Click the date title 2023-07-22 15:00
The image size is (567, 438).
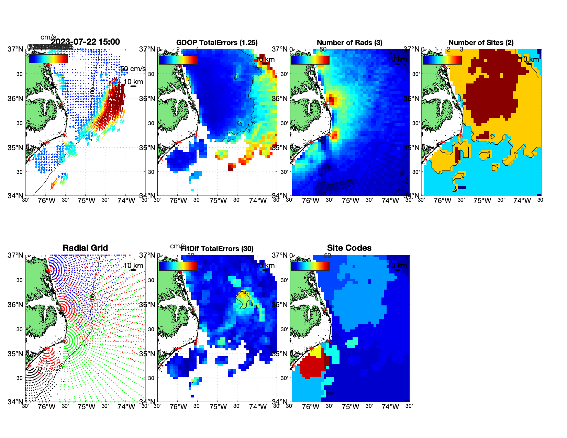pos(85,42)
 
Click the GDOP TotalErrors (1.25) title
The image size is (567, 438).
pos(217,43)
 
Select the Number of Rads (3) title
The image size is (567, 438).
pos(349,43)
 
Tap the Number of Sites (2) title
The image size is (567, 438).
pos(481,43)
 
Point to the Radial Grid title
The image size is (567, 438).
pos(85,248)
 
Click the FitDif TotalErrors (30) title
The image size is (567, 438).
pos(217,249)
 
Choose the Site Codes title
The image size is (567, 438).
pos(349,248)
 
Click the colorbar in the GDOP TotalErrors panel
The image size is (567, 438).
pos(178,60)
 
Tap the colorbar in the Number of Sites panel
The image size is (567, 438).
pos(442,60)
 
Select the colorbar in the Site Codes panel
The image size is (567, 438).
pos(310,266)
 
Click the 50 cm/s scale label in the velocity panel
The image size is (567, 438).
pos(133,69)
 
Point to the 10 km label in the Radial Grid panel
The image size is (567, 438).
pos(133,266)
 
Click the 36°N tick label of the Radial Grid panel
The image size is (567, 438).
pos(15,305)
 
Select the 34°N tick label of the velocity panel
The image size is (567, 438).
pos(15,196)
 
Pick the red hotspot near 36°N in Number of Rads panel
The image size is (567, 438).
pos(331,100)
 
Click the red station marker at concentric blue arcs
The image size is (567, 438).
pos(49,270)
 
